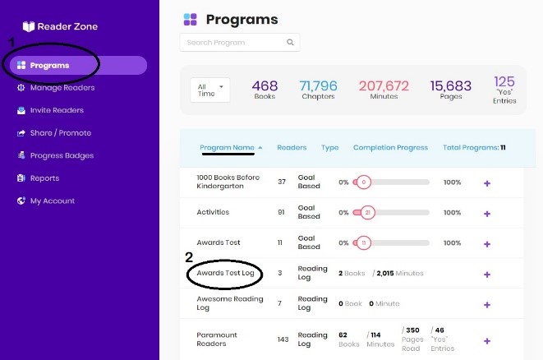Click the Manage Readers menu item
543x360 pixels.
click(56, 88)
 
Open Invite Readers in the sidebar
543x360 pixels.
click(50, 110)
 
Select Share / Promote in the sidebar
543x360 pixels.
click(54, 133)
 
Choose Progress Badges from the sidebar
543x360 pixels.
click(55, 155)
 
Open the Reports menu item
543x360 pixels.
click(38, 178)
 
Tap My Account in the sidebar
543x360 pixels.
click(46, 201)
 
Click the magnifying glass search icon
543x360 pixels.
click(290, 42)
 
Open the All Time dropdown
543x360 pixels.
click(209, 90)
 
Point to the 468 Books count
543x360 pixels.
click(265, 90)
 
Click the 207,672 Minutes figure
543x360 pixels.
click(384, 90)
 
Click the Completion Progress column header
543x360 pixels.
click(390, 148)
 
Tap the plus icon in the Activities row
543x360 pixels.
click(487, 214)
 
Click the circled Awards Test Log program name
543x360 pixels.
click(225, 273)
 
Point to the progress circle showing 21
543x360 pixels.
click(367, 212)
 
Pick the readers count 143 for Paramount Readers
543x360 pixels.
click(283, 339)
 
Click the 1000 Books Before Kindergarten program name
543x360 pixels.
click(228, 182)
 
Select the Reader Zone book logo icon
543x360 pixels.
click(29, 26)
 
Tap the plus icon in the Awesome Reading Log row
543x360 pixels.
click(487, 305)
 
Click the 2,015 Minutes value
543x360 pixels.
click(399, 274)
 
